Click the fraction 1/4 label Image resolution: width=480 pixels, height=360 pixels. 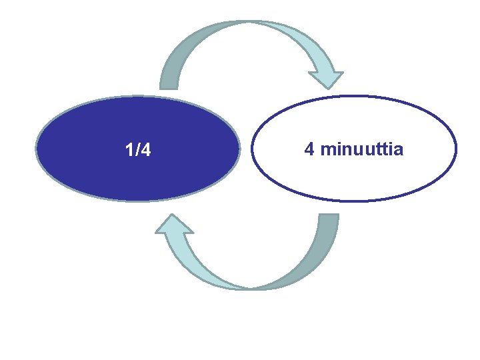pyautogui.click(x=138, y=151)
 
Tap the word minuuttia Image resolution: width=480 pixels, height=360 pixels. pyautogui.click(x=362, y=149)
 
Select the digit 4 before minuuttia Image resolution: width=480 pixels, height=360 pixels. pyautogui.click(x=309, y=149)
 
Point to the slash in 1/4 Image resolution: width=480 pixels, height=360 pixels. pyautogui.click(x=137, y=151)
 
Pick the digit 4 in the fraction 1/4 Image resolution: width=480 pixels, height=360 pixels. pyautogui.click(x=146, y=151)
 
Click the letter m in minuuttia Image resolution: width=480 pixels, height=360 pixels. pyautogui.click(x=327, y=149)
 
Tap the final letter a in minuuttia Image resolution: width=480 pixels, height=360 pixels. pyautogui.click(x=399, y=149)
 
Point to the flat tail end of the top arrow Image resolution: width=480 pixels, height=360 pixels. pyautogui.click(x=169, y=87)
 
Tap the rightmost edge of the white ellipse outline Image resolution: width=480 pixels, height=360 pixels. pyautogui.click(x=456, y=148)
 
